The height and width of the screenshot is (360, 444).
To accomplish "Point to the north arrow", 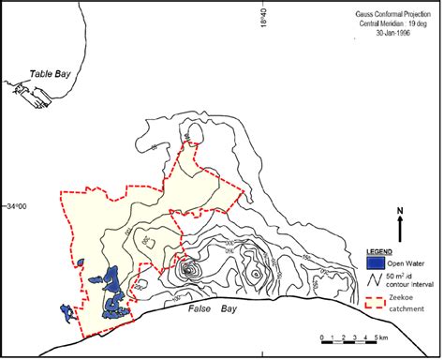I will coord(400,229).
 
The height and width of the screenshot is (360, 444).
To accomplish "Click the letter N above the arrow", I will coord(400,211).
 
